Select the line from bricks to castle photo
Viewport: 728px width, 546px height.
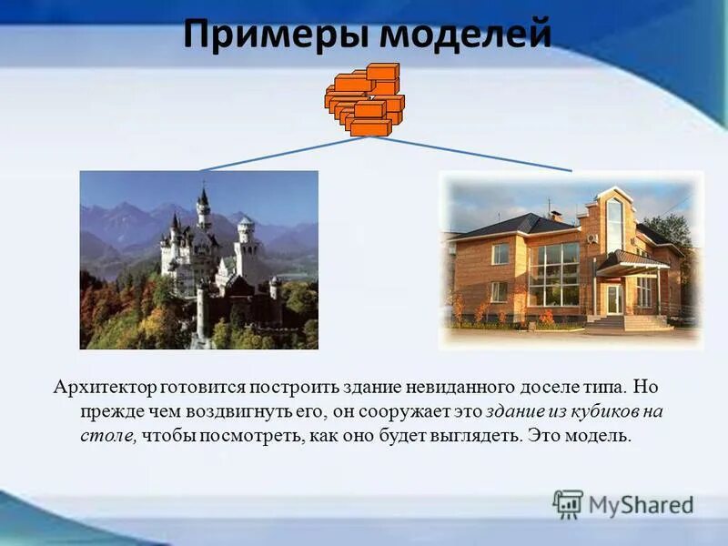tap(282, 154)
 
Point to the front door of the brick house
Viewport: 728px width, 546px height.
tap(614, 298)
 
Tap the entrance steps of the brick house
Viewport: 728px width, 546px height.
tap(627, 322)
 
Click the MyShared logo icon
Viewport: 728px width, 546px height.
tap(568, 503)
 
